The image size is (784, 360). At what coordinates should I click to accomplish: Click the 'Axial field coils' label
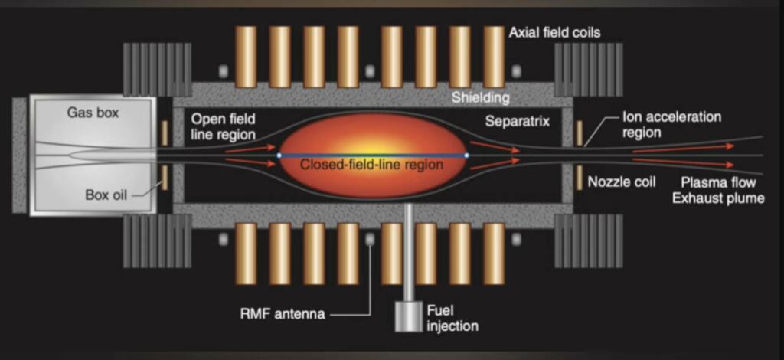coord(554,33)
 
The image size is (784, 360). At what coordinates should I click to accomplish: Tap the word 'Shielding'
coord(481,97)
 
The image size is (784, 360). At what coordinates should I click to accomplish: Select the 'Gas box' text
coord(93,113)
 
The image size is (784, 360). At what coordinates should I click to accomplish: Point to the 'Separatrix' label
coord(518,121)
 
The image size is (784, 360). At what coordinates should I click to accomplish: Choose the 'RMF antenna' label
coord(283,314)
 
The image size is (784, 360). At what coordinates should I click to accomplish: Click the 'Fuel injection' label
coord(452,318)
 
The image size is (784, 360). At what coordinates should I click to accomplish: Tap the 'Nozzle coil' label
coord(622,182)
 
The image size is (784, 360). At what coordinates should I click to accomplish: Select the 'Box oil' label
coord(106,195)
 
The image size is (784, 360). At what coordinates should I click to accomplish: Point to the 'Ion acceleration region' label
coord(671,125)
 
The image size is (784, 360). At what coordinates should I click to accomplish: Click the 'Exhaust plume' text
coord(718,198)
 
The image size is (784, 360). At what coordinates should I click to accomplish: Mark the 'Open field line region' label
coord(223,126)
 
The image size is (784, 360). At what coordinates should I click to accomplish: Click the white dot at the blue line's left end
coord(279,155)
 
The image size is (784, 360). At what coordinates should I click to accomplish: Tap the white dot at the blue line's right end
coord(466,155)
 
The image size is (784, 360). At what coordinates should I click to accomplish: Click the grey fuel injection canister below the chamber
coord(409,316)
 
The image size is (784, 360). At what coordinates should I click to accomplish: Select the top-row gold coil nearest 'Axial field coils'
coord(494,57)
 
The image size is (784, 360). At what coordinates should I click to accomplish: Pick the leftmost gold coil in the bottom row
coord(246,254)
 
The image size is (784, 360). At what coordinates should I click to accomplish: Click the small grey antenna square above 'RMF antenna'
coord(370,240)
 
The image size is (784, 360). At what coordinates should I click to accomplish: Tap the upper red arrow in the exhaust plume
coord(684,148)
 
